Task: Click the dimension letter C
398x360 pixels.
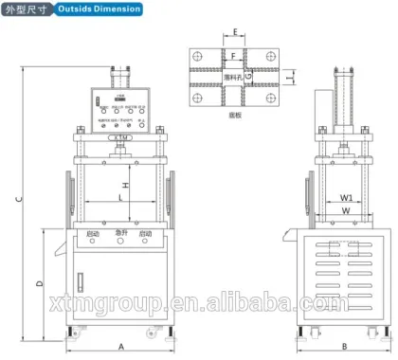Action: (x=19, y=199)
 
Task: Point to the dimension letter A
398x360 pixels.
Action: (x=121, y=347)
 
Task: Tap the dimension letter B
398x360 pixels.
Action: (x=345, y=347)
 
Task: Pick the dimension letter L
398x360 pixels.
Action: (x=120, y=195)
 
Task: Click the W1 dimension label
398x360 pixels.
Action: (x=347, y=198)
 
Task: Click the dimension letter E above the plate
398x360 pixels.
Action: (x=233, y=32)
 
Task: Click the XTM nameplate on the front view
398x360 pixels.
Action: (x=119, y=136)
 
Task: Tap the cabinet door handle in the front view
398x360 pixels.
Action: (x=81, y=280)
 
